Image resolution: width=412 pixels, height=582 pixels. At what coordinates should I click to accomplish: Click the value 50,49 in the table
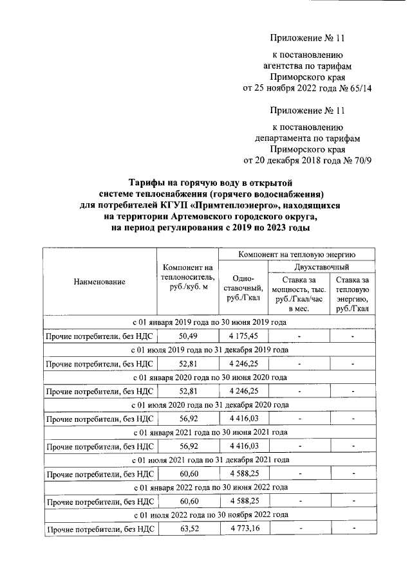click(x=187, y=336)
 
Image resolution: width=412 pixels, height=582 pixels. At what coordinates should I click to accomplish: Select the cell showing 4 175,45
click(x=243, y=336)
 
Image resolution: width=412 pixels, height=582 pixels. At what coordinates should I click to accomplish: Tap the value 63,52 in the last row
click(x=187, y=529)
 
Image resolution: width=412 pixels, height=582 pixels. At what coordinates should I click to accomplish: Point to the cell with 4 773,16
click(x=243, y=529)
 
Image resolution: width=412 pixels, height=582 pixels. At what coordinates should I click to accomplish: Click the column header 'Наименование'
click(x=99, y=282)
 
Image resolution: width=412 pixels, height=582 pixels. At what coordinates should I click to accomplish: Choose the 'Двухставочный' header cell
click(x=321, y=267)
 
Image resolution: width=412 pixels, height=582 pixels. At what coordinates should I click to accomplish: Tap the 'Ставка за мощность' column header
click(x=297, y=293)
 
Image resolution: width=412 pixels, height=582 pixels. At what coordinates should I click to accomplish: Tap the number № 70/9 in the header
click(x=358, y=160)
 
